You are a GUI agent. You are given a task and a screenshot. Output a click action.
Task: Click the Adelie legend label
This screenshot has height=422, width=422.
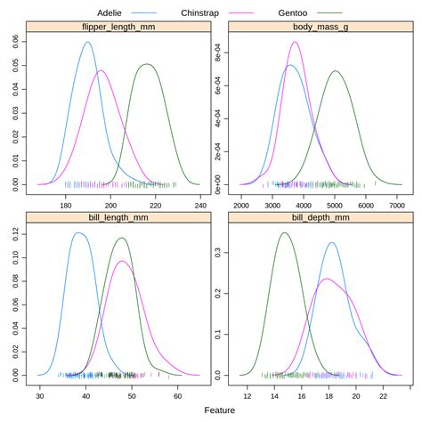[x=115, y=12]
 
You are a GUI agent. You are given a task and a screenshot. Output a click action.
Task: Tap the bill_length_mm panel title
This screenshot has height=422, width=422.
[x=119, y=216]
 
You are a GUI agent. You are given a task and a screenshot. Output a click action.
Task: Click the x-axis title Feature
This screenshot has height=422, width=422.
[x=219, y=410]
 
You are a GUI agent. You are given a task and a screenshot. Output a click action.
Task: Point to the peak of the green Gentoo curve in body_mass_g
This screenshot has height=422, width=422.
[x=336, y=71]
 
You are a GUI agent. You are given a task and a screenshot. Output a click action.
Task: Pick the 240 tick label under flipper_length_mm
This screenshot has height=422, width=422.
[x=202, y=205]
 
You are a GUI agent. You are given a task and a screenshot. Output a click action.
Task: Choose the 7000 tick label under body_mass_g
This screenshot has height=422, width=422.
[x=396, y=205]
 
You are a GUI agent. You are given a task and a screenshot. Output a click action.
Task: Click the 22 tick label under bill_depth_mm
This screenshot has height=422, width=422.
[x=383, y=395]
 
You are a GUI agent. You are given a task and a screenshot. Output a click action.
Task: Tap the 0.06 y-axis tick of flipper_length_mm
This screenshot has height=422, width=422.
[x=20, y=41]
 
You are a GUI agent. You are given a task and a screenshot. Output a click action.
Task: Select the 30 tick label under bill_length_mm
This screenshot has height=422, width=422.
[x=40, y=395]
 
